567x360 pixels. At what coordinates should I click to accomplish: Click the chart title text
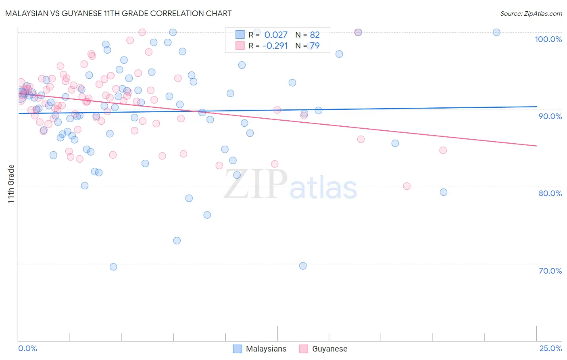click(x=118, y=13)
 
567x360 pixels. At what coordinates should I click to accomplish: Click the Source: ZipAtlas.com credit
click(x=531, y=14)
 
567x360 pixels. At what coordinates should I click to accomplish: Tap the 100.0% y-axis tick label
click(x=548, y=39)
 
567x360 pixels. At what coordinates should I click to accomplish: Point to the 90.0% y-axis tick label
click(x=550, y=116)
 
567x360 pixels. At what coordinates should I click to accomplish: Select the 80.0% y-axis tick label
click(x=550, y=193)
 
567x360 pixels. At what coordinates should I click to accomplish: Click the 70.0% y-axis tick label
click(x=550, y=271)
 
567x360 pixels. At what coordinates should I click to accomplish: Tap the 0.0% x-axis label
click(x=27, y=348)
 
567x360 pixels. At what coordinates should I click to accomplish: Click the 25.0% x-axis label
click(x=550, y=348)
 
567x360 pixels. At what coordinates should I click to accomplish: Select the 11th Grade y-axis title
click(x=11, y=184)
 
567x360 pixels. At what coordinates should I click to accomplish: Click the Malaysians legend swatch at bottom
click(x=238, y=349)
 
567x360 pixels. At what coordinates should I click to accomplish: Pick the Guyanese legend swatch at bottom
click(x=303, y=349)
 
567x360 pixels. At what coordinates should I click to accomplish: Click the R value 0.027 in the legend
click(x=276, y=35)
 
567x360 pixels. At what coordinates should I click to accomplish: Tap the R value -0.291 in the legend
click(x=275, y=46)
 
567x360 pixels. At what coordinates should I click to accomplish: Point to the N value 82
click(x=315, y=35)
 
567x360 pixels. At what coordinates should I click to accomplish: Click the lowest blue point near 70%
click(x=113, y=267)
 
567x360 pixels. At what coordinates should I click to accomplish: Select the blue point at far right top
click(x=496, y=32)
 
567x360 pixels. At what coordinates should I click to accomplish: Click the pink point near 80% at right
click(x=406, y=186)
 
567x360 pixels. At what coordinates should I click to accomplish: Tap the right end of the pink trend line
click(x=536, y=146)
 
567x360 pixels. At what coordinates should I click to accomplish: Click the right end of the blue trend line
click(x=536, y=107)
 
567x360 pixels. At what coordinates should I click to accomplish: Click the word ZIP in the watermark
click(x=256, y=184)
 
